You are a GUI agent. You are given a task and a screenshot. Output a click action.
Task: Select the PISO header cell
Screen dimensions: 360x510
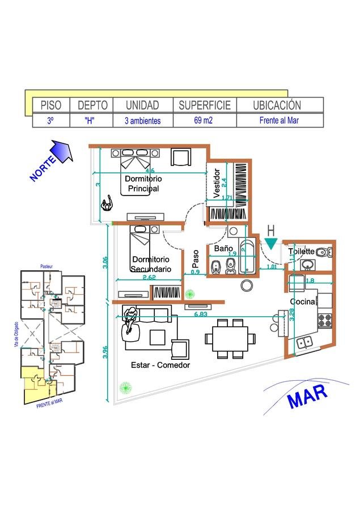[50, 105]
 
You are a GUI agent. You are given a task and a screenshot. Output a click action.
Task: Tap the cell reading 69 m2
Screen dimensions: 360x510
[205, 121]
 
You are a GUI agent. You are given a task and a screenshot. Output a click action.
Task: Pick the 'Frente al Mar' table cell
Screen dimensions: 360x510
[279, 121]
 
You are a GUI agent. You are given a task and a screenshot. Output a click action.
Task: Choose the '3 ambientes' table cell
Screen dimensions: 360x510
[142, 121]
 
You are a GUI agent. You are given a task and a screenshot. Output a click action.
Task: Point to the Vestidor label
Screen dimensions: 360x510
[216, 183]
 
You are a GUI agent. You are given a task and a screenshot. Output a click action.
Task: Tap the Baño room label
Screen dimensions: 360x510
[223, 248]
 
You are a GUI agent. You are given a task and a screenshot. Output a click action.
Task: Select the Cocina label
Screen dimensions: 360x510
[302, 302]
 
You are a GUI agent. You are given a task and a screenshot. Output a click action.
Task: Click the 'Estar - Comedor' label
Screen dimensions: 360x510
[160, 365]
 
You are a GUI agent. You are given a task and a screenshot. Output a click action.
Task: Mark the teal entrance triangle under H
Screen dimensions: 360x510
[271, 244]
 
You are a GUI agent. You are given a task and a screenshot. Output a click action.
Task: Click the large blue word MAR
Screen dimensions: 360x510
[308, 396]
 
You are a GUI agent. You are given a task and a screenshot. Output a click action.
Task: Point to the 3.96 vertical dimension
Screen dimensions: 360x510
[105, 351]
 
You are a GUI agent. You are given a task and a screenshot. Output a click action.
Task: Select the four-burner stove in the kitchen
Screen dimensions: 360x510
[325, 320]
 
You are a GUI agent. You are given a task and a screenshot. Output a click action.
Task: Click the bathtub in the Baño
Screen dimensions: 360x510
[248, 258]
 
